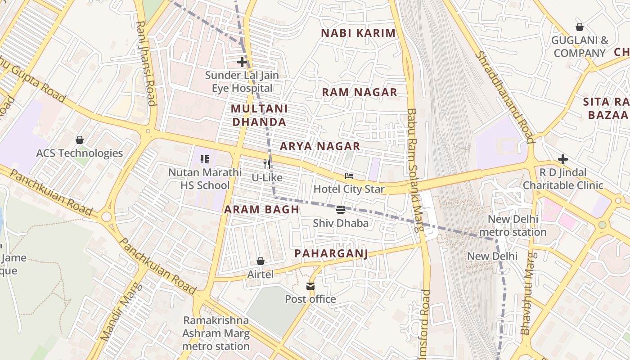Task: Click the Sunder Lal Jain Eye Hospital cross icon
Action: [242, 62]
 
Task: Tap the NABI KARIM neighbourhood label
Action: [358, 33]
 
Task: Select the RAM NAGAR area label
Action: [360, 92]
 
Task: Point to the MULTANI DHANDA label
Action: [259, 115]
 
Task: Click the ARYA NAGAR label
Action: [320, 146]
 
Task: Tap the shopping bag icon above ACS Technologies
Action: [80, 140]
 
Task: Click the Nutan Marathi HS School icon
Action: [205, 159]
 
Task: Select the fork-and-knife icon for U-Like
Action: [267, 164]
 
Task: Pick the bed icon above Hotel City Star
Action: [349, 175]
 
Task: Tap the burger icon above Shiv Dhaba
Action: [341, 209]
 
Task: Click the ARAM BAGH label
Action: [261, 209]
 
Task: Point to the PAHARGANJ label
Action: [331, 254]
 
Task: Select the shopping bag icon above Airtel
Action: [260, 261]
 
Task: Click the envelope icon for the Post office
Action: [310, 286]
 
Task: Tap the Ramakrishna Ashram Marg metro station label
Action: [216, 333]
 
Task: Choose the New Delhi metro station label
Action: [513, 226]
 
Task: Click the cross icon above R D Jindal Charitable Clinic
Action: [562, 159]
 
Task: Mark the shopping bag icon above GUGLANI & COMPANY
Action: [580, 27]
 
